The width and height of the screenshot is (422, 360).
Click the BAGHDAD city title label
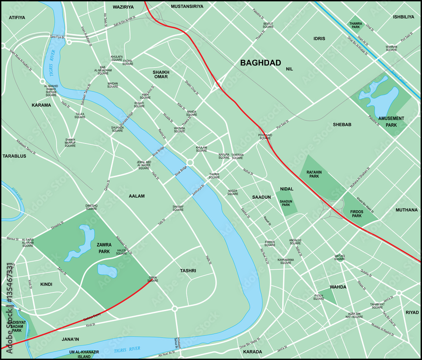point(260,63)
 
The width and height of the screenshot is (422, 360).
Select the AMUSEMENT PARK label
point(392,121)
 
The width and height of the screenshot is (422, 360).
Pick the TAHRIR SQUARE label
point(214,176)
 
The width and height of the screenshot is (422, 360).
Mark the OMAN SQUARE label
point(153,279)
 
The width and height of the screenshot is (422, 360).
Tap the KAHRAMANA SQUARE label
point(285,261)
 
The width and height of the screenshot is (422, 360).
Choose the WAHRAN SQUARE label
point(391,48)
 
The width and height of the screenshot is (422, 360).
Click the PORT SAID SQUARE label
point(265,137)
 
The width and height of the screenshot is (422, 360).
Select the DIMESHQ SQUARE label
point(92,207)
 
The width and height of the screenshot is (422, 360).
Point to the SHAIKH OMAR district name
point(161,74)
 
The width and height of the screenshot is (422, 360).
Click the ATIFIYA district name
point(17,18)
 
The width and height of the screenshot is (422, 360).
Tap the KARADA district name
point(252,352)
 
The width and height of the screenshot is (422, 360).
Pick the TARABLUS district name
point(14,156)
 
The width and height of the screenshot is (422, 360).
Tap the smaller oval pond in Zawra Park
point(107,270)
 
